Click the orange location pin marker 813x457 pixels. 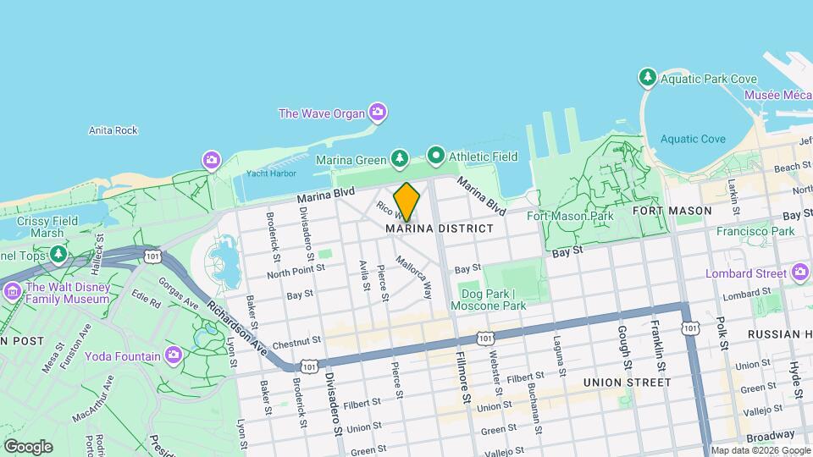click(x=406, y=201)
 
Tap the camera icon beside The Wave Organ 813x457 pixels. click(x=377, y=112)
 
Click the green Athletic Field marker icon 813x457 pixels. click(x=436, y=156)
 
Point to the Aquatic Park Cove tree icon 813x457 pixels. click(x=648, y=79)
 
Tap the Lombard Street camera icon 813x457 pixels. click(x=800, y=273)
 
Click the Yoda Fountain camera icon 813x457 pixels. click(x=174, y=354)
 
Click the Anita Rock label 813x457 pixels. click(x=113, y=130)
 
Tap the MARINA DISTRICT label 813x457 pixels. click(x=439, y=228)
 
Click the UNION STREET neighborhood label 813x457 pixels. click(x=627, y=383)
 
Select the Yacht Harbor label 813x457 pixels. click(x=271, y=174)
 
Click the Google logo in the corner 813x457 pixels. click(x=28, y=445)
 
